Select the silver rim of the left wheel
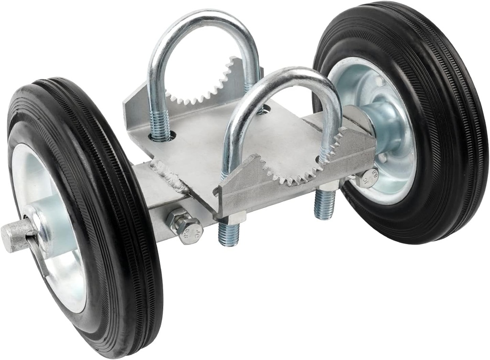pyautogui.click(x=62, y=268)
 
